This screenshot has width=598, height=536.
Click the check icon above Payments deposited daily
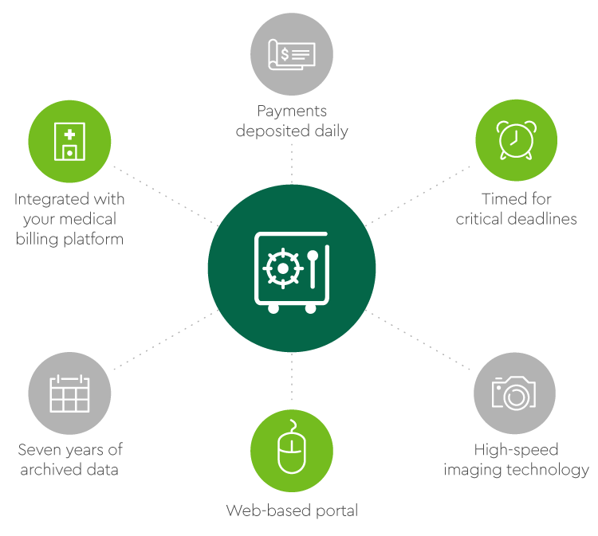pos(292,55)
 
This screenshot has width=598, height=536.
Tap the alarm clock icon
pos(516,141)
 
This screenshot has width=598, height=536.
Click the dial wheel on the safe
pos(281,268)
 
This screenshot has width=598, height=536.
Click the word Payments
pos(292,112)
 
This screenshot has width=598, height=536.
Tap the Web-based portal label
pos(292,510)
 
